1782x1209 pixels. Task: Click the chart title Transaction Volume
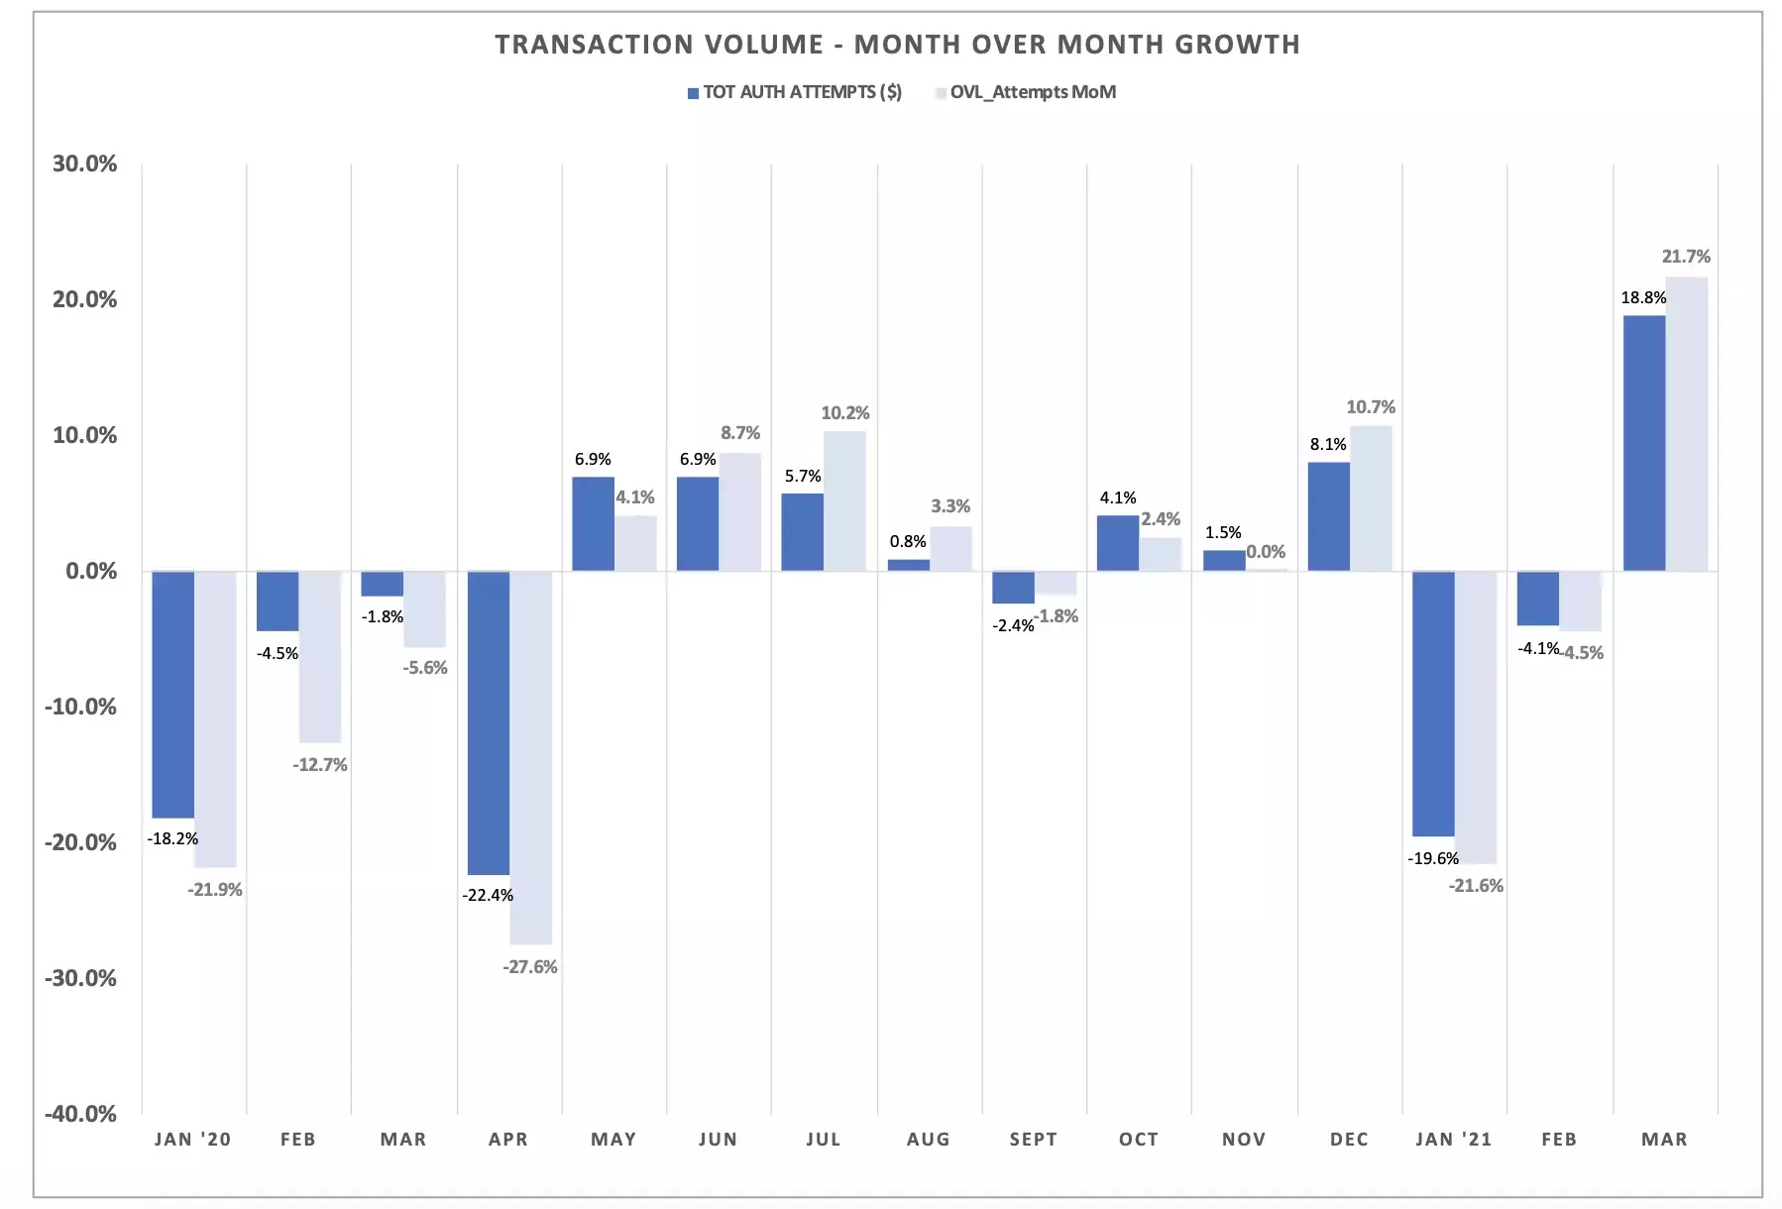pos(897,45)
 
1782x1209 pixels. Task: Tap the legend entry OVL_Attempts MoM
pos(1032,92)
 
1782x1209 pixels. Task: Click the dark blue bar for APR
pos(489,722)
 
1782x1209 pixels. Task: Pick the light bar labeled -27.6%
pos(531,757)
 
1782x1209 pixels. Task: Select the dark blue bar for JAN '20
pos(173,694)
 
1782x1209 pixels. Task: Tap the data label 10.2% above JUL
pos(845,413)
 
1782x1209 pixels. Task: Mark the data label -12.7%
pos(320,765)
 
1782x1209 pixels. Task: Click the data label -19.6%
pos(1433,858)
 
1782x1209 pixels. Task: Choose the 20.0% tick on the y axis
pos(84,299)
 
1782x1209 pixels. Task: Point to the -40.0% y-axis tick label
pos(80,1114)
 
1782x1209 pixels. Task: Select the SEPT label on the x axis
pos(1034,1140)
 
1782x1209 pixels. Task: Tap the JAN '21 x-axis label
pos(1453,1140)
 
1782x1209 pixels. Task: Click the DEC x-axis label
pos(1349,1140)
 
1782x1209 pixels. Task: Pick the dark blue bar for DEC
pos(1328,516)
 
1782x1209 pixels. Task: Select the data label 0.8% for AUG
pos(908,541)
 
